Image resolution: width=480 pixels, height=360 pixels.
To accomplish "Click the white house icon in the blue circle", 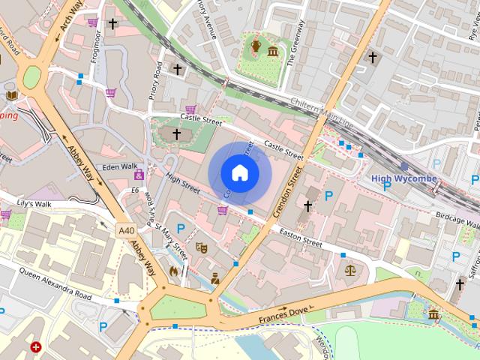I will [239, 173].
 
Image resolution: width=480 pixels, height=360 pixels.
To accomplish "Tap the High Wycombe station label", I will [403, 178].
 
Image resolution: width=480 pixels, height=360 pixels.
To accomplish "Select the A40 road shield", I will [127, 230].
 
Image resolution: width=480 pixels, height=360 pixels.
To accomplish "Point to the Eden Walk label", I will [120, 166].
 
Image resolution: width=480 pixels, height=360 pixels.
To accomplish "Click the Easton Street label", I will [300, 238].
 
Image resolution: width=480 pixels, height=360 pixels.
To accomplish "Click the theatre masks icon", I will [200, 247].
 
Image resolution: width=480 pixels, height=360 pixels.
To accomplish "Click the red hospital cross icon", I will [36, 347].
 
